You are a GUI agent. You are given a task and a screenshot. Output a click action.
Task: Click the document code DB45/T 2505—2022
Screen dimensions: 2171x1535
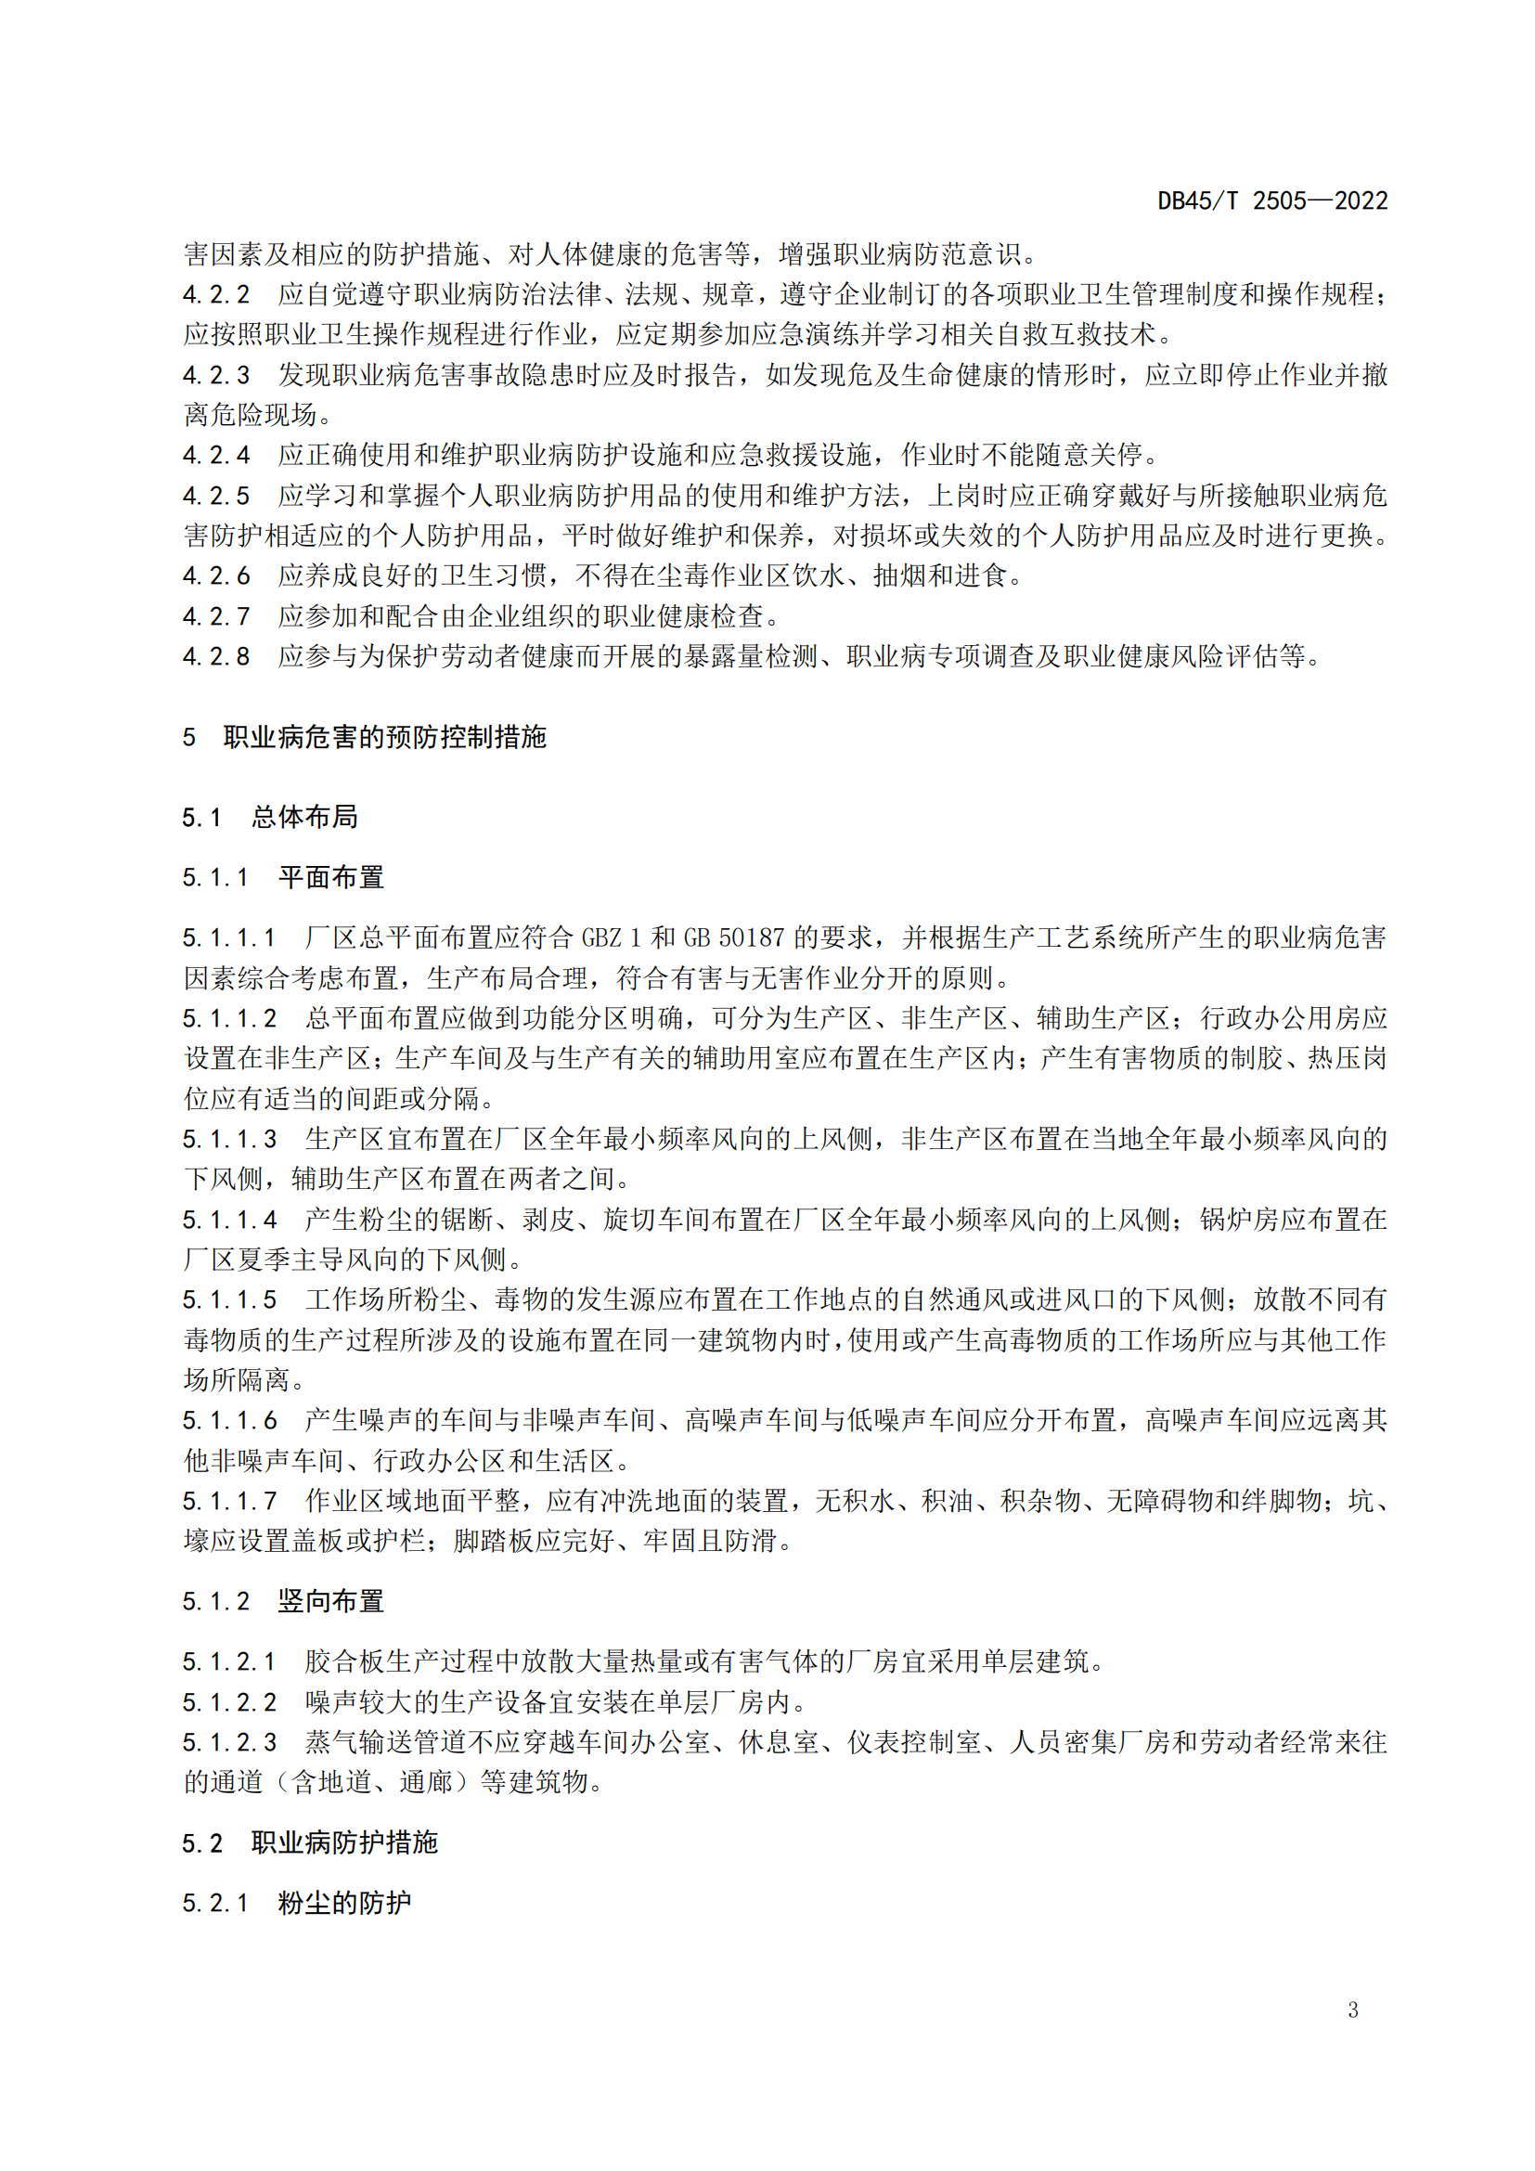pyautogui.click(x=1272, y=200)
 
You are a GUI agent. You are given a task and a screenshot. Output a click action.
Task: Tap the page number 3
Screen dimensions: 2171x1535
pyautogui.click(x=1352, y=2009)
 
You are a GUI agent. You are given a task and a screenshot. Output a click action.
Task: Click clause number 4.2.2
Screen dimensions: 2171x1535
pyautogui.click(x=216, y=295)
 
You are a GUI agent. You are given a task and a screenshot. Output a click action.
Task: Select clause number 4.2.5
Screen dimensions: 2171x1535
pyautogui.click(x=216, y=497)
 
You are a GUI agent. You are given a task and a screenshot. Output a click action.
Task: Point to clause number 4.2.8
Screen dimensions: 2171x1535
pyautogui.click(x=216, y=657)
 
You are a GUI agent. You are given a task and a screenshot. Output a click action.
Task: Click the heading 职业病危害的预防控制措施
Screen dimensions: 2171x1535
pyautogui.click(x=385, y=738)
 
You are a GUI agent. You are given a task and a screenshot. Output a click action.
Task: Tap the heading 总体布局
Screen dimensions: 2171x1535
pyautogui.click(x=304, y=817)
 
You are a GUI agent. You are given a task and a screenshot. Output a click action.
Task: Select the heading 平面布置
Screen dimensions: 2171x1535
pyautogui.click(x=330, y=877)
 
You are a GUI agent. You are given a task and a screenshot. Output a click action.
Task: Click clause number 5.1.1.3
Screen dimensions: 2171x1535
pyautogui.click(x=229, y=1140)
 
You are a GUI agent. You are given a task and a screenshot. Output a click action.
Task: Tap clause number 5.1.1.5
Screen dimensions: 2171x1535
pyautogui.click(x=229, y=1300)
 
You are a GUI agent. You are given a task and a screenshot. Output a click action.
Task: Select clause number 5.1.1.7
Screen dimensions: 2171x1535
pyautogui.click(x=229, y=1502)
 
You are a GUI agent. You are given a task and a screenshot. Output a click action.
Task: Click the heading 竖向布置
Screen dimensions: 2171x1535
pyautogui.click(x=330, y=1602)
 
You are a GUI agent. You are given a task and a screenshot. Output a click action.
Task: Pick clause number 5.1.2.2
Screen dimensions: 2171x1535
pyautogui.click(x=229, y=1703)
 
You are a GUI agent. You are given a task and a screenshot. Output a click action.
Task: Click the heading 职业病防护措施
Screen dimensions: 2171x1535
pyautogui.click(x=344, y=1843)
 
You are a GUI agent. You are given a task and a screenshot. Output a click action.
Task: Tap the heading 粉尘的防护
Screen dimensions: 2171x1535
pyautogui.click(x=344, y=1904)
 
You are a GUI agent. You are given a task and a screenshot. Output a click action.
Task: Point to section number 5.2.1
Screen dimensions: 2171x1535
pyautogui.click(x=215, y=1904)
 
